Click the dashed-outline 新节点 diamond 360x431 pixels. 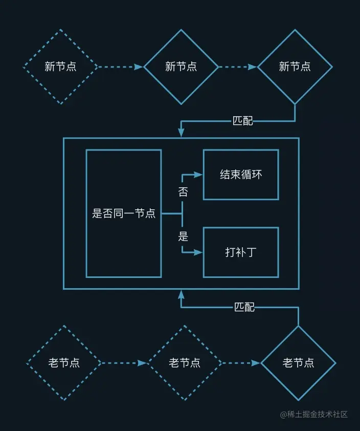61,67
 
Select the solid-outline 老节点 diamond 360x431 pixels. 298,363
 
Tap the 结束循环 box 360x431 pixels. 241,175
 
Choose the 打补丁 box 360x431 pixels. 241,252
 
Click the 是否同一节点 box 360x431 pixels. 124,213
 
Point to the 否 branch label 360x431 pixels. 183,192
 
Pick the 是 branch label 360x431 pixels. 183,236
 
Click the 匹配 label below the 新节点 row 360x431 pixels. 243,121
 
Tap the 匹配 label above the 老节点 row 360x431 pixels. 244,307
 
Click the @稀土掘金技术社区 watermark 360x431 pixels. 314,414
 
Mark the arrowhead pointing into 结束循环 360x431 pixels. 199,175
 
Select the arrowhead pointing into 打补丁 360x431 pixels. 199,252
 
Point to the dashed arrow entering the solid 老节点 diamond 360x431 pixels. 241,363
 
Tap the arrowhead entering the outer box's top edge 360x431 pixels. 181,133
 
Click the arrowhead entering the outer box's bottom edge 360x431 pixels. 181,294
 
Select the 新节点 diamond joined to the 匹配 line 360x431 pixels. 295,67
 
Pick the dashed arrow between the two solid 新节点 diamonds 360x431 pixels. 238,67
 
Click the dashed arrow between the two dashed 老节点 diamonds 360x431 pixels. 124,363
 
